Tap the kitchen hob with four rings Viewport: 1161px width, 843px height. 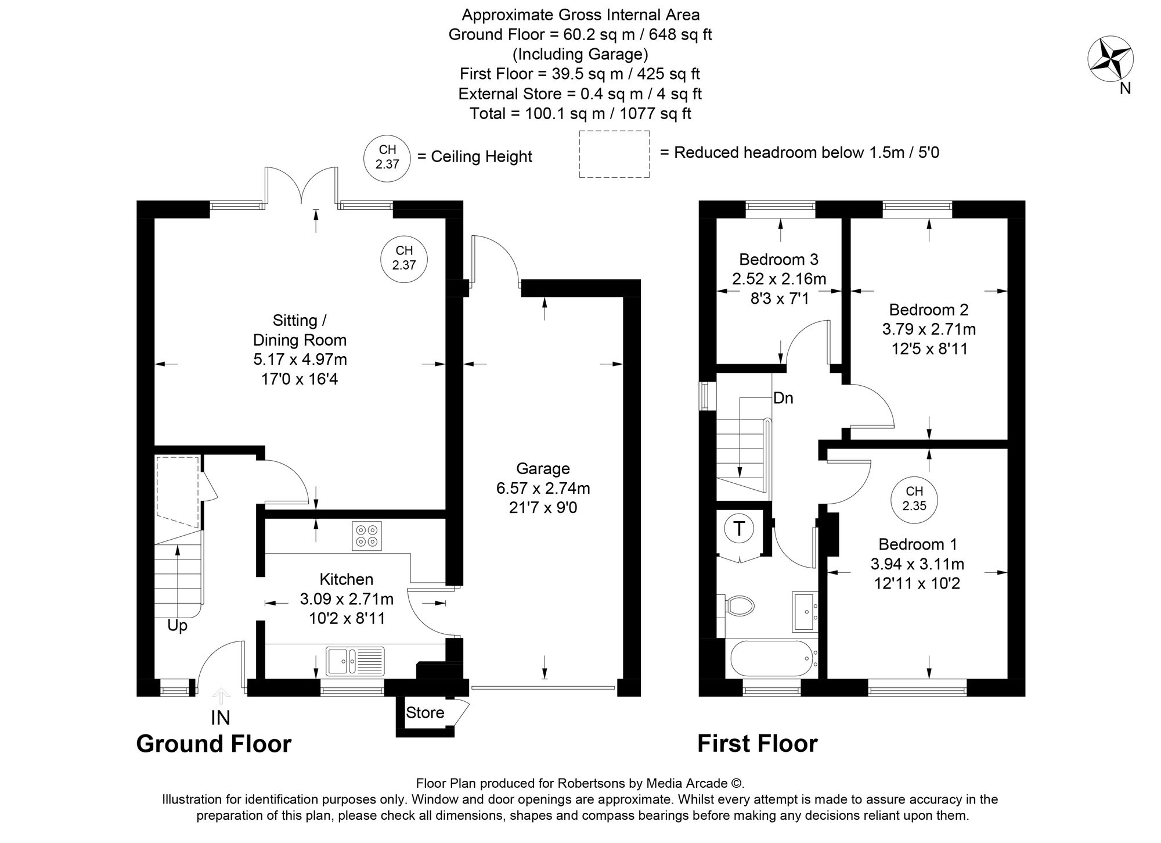(367, 536)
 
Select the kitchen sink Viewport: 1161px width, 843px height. (354, 661)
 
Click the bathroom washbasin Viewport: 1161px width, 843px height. (805, 612)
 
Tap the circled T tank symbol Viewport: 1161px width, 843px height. (739, 529)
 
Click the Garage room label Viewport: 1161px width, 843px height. (543, 468)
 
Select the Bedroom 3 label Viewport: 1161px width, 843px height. (778, 259)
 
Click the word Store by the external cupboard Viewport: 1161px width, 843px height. (425, 713)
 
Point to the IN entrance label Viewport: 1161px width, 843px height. (220, 718)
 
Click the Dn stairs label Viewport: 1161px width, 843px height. (783, 398)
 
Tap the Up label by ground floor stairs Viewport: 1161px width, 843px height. (177, 626)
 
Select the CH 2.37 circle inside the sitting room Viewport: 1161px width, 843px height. (404, 258)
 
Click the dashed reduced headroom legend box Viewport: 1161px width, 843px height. (614, 154)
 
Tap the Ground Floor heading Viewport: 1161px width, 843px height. (214, 744)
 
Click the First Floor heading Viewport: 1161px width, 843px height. (757, 744)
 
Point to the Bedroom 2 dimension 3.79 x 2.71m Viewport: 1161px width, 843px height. (929, 329)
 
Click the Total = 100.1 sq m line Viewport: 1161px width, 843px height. (580, 113)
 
